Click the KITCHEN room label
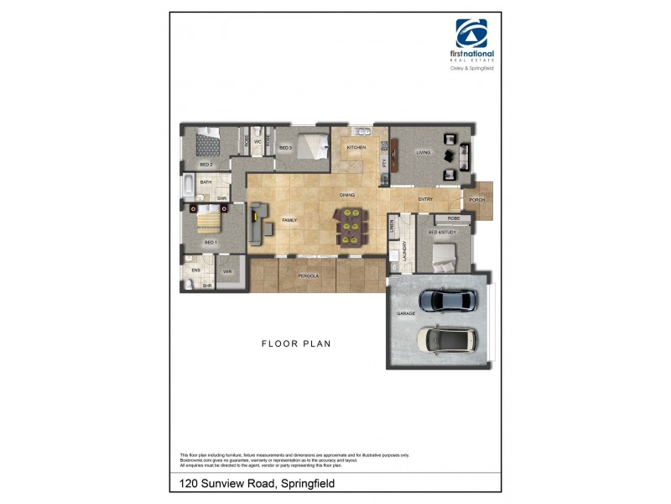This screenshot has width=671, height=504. pos(356,148)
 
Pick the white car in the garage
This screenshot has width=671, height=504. pos(447,339)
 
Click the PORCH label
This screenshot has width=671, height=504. pos(477,199)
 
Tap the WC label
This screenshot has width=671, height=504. pos(258,142)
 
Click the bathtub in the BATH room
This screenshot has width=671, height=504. pos(189,186)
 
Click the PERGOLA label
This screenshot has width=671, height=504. pos(309,276)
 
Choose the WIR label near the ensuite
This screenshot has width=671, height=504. pos(227,271)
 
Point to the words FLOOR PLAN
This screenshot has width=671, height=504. pos(296,344)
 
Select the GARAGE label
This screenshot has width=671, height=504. pos(406,313)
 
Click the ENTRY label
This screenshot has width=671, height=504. pos(425,199)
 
